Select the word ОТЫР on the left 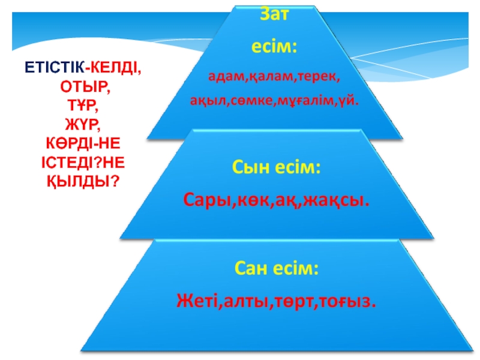click(84, 87)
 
